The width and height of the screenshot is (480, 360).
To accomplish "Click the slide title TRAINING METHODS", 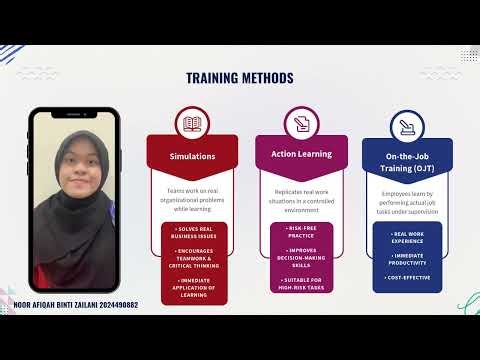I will coord(240,78).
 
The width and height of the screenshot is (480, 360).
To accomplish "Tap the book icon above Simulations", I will coord(192,125).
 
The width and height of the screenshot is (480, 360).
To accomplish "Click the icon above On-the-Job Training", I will coord(407,126).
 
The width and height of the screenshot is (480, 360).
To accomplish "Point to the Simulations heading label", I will coord(192,157).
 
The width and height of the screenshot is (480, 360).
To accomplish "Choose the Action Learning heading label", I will coord(300,154).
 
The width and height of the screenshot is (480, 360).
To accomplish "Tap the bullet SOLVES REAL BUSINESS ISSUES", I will coord(192,233).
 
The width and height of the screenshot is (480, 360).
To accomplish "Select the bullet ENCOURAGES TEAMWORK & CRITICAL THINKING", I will coord(192,257).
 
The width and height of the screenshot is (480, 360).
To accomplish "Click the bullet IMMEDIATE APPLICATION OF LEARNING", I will coord(192,285).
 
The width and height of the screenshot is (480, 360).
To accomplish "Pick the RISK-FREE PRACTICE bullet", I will coord(300,231).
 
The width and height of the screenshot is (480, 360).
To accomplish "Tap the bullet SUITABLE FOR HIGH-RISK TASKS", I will coord(300,283).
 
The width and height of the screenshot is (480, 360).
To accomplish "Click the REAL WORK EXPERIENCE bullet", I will coord(407,237).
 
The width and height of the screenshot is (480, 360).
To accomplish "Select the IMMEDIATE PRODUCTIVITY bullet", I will coord(407,258).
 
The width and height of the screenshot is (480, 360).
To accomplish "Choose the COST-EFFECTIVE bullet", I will coord(407,275).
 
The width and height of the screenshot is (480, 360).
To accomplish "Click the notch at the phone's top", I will coord(66,114).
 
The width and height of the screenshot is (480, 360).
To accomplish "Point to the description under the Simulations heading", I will coord(192,196).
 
